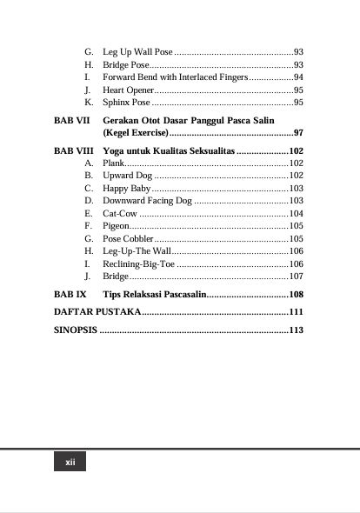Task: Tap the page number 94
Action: click(297, 77)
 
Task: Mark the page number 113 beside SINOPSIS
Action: click(296, 330)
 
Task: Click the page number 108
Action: click(296, 294)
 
